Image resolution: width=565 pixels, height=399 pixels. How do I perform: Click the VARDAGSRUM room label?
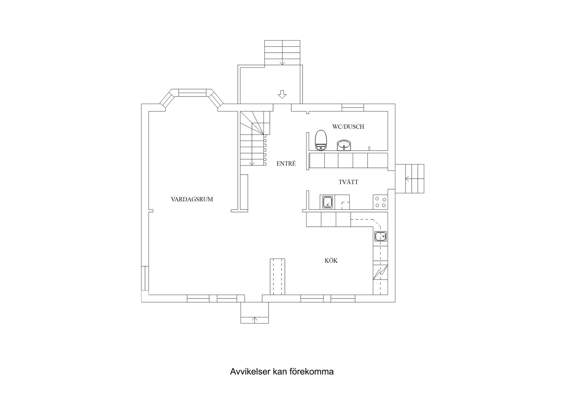[192, 199]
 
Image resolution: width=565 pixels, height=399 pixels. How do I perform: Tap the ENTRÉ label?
[286, 164]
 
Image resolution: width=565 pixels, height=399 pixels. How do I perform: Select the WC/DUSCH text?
[348, 127]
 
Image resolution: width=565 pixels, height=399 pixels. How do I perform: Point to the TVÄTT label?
[348, 182]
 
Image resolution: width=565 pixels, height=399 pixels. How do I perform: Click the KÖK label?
[331, 261]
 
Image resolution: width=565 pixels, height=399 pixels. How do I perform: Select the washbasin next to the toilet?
[344, 145]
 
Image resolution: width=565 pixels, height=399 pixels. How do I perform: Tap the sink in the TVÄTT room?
[327, 202]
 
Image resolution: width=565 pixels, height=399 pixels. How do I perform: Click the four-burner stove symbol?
[380, 202]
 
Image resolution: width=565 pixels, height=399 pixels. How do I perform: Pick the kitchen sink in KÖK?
[380, 236]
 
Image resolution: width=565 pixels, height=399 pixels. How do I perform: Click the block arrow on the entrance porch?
[282, 94]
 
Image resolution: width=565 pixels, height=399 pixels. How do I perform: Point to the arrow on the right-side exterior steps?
[408, 178]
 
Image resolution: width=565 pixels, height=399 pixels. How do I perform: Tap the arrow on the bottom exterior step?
[255, 319]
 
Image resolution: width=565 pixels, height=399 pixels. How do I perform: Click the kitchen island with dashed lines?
[277, 276]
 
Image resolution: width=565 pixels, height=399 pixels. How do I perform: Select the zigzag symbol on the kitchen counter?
[380, 272]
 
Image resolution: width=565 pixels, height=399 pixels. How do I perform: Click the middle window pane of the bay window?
[192, 93]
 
